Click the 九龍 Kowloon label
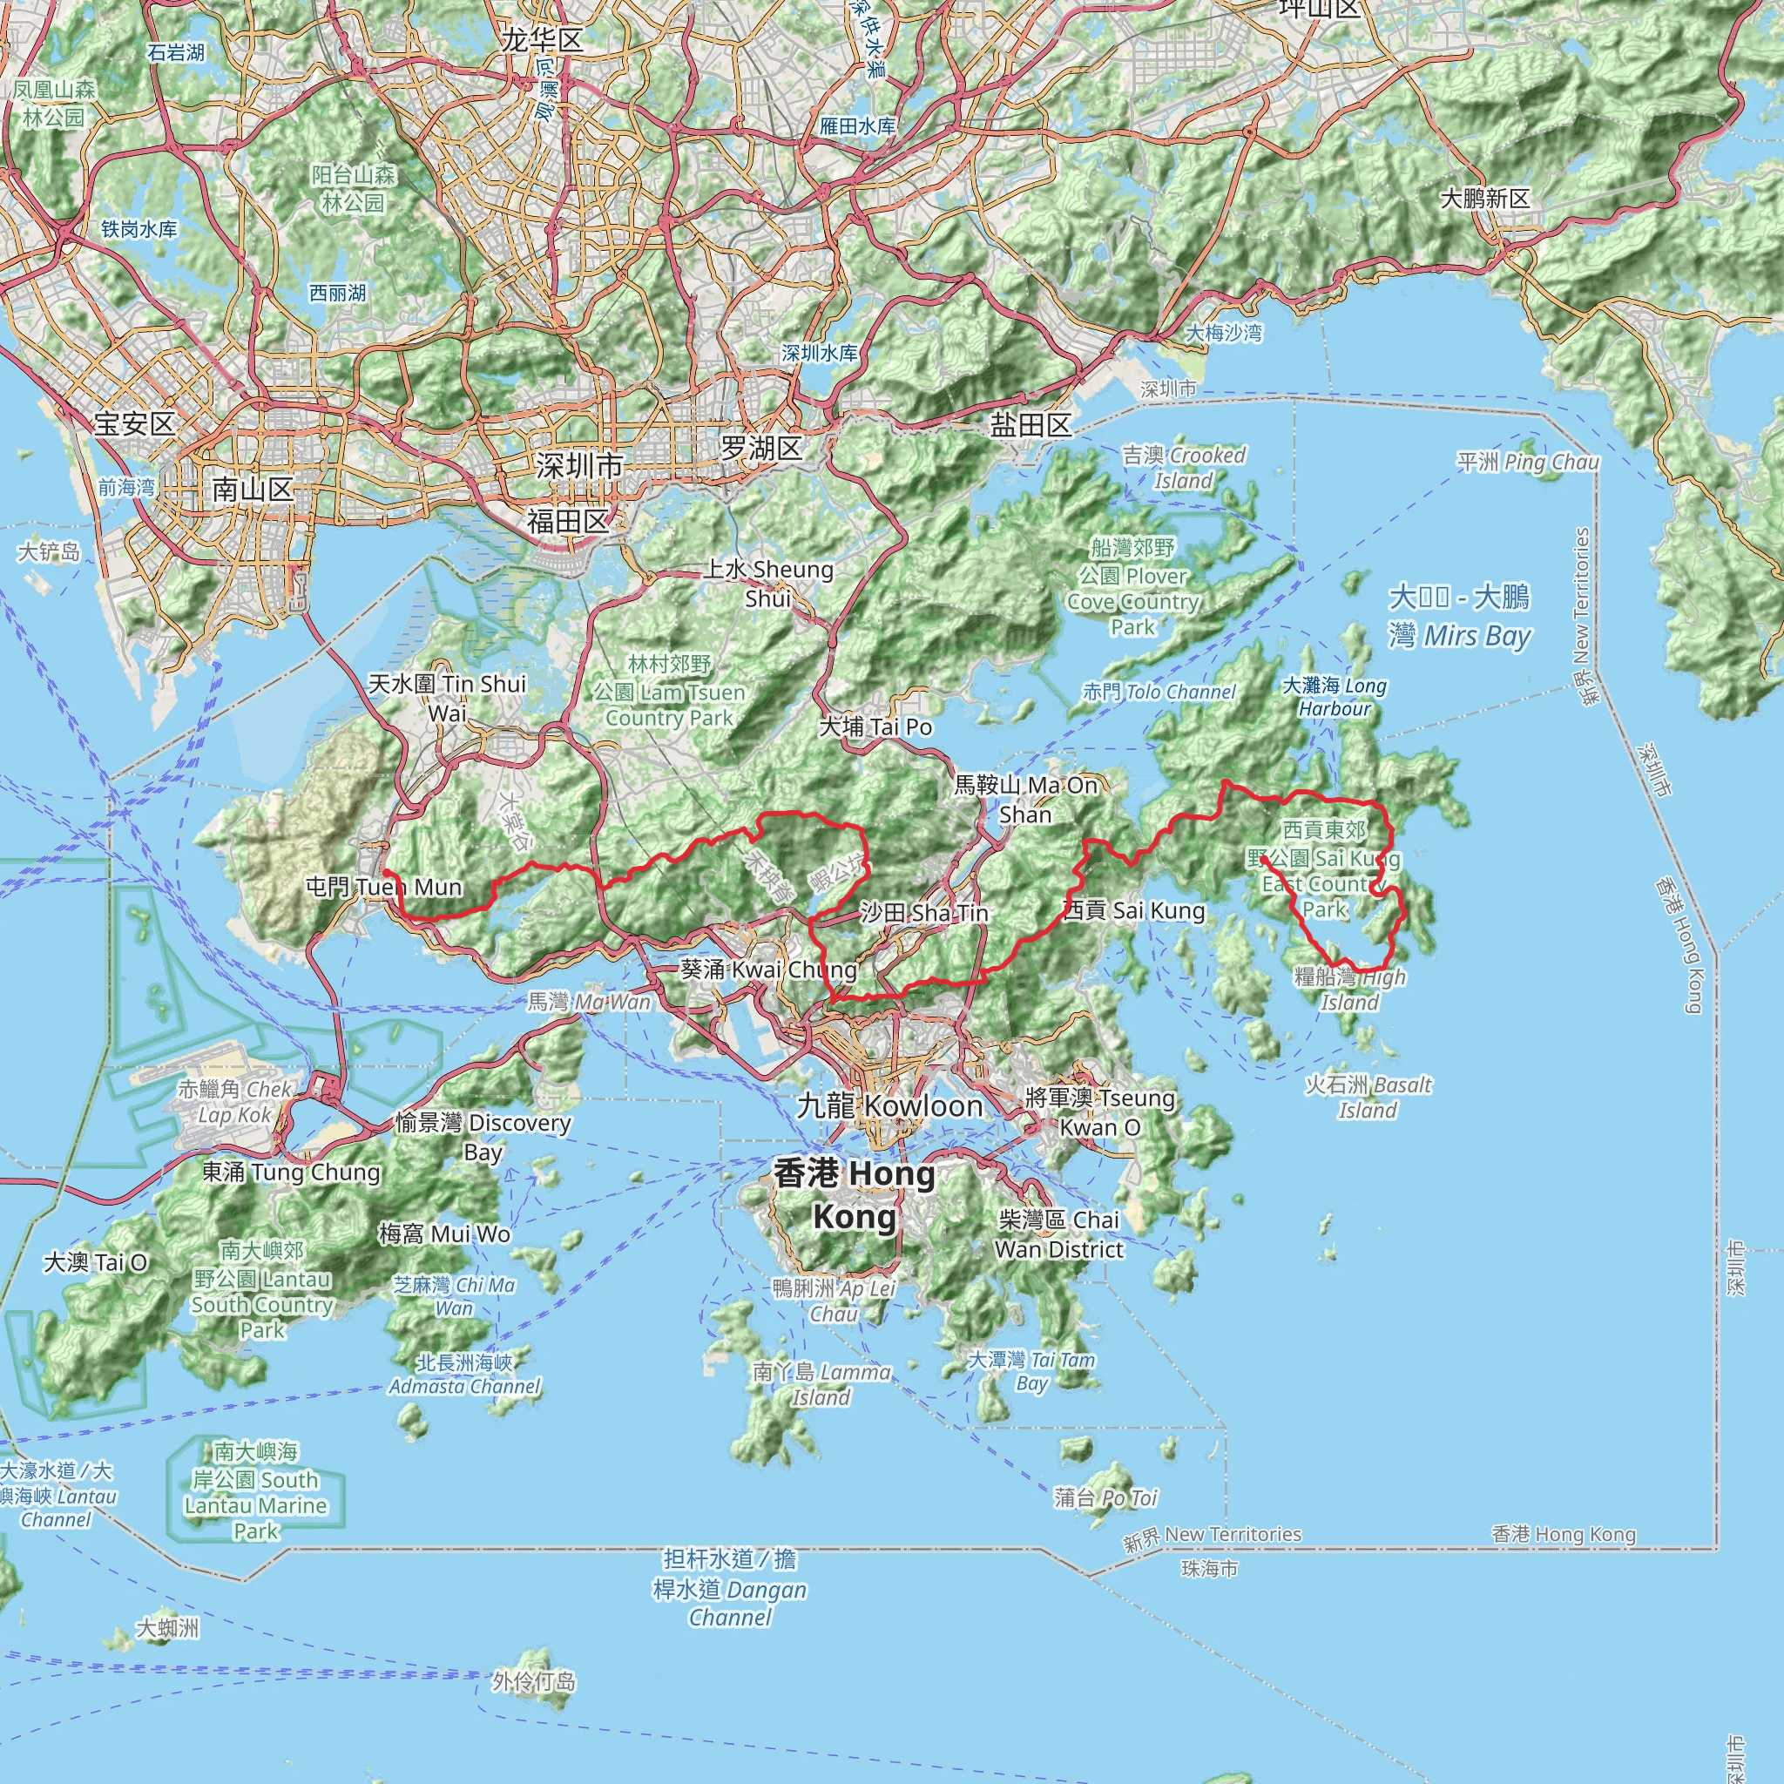coord(889,1105)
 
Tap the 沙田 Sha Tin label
coord(923,913)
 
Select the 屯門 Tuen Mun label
coord(383,888)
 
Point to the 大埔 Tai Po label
coord(875,726)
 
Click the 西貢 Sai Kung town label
coord(1134,910)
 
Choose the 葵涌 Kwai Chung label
coord(768,969)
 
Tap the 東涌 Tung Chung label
coord(291,1172)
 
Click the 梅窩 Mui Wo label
coord(444,1233)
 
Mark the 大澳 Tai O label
coord(95,1261)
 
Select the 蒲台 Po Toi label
coord(1105,1497)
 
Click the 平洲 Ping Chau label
coord(1527,462)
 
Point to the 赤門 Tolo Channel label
coord(1158,692)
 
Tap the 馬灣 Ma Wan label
coord(589,1002)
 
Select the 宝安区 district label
coord(134,424)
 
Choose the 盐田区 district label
coord(1031,425)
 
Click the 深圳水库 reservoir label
coord(819,353)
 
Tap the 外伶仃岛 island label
coord(534,1681)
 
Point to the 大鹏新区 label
coord(1485,199)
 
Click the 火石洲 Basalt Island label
coord(1368,1097)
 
